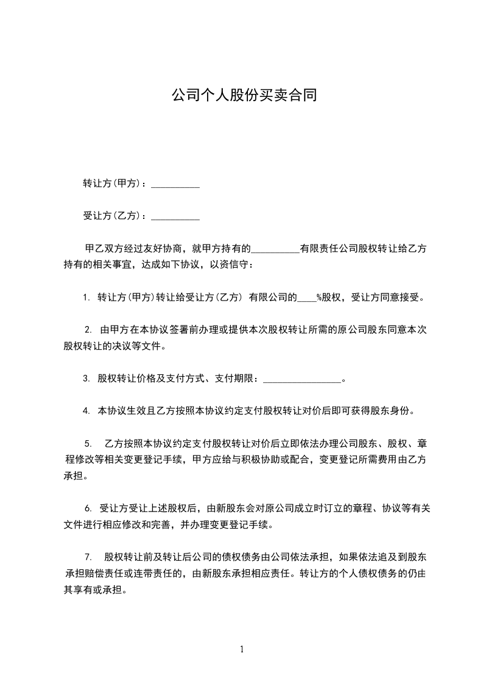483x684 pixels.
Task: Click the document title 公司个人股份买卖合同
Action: pos(244,96)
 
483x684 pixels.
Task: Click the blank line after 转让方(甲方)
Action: pos(175,184)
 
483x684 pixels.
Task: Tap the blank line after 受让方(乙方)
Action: pos(175,216)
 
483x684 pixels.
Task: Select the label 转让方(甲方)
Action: pos(112,183)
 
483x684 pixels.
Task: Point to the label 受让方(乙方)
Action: pos(112,216)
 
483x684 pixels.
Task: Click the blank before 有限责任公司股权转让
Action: pos(275,249)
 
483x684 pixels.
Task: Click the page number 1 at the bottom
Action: pos(242,649)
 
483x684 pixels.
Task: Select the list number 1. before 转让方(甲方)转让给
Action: pos(86,298)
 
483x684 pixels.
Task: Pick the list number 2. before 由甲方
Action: pos(88,330)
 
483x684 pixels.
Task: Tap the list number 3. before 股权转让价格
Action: pos(86,379)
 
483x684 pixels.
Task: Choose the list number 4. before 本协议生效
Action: pos(86,411)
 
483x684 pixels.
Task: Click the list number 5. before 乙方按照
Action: pos(88,443)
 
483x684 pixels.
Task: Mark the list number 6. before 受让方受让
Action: pos(88,508)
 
